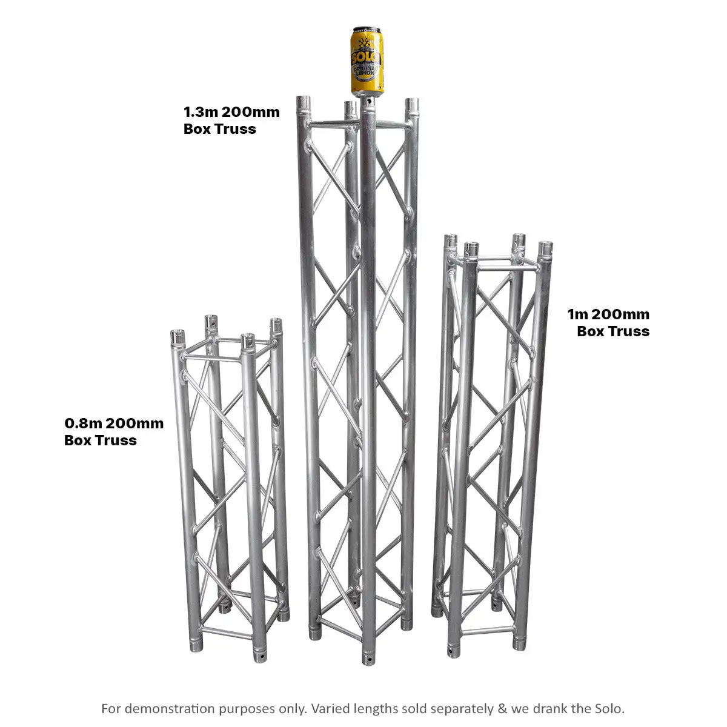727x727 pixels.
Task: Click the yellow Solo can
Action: pos(367,61)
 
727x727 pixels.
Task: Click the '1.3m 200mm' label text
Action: pos(231,112)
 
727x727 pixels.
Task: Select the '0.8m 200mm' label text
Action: pos(114,423)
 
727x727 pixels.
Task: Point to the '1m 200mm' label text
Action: pos(608,314)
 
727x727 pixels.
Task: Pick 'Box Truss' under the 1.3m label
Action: pos(219,129)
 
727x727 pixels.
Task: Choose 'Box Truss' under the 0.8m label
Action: pos(101,440)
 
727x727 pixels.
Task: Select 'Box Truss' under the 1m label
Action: pos(613,331)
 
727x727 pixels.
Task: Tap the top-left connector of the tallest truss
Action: pos(304,104)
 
